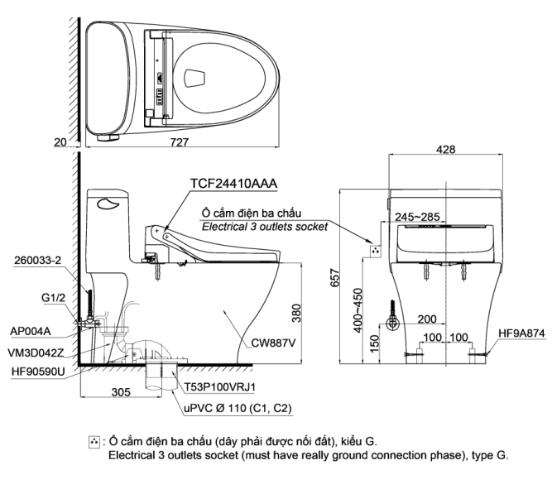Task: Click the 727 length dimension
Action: click(180, 141)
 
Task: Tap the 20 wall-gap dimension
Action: click(60, 141)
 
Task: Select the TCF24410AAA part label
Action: click(233, 184)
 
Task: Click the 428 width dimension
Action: click(446, 149)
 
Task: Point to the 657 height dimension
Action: click(335, 277)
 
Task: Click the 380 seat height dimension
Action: click(296, 313)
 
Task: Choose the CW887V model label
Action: click(273, 343)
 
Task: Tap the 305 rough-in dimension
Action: click(121, 392)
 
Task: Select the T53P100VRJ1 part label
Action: click(220, 387)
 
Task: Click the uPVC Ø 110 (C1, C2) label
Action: click(238, 408)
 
